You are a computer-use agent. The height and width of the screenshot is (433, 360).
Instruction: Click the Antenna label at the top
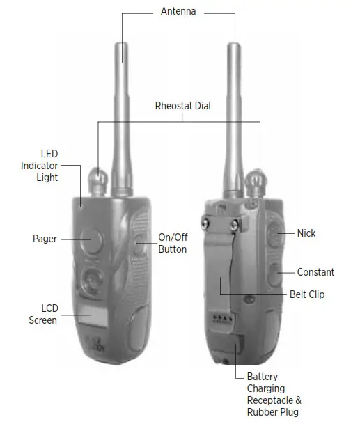click(x=178, y=11)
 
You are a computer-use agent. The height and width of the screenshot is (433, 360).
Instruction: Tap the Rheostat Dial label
click(x=182, y=106)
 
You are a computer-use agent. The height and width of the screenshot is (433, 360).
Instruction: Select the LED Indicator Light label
click(x=40, y=166)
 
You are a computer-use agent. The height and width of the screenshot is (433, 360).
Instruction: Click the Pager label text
click(x=45, y=239)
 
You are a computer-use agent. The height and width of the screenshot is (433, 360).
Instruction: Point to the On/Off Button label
click(x=173, y=243)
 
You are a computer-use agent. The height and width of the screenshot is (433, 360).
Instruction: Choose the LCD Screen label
click(x=43, y=314)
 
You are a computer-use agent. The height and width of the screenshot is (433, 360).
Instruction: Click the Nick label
click(x=306, y=233)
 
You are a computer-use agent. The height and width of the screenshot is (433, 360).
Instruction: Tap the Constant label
click(x=315, y=272)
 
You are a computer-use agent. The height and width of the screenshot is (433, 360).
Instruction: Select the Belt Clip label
click(x=307, y=294)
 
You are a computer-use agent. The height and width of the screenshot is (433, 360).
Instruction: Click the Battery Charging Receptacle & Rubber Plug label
click(x=274, y=394)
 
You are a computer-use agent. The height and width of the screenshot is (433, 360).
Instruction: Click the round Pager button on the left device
click(x=91, y=241)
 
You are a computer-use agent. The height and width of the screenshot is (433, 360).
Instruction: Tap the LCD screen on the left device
click(x=93, y=316)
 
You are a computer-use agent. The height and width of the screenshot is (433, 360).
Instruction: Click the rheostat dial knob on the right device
click(x=256, y=183)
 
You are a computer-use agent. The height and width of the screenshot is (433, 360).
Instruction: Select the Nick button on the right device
click(x=275, y=235)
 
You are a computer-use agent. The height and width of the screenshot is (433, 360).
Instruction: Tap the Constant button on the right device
click(x=275, y=275)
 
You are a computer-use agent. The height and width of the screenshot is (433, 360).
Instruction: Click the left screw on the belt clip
click(x=205, y=223)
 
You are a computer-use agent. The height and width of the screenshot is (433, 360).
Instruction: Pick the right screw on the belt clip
click(x=234, y=225)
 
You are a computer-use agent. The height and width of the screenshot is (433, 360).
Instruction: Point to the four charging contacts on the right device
click(x=222, y=318)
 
